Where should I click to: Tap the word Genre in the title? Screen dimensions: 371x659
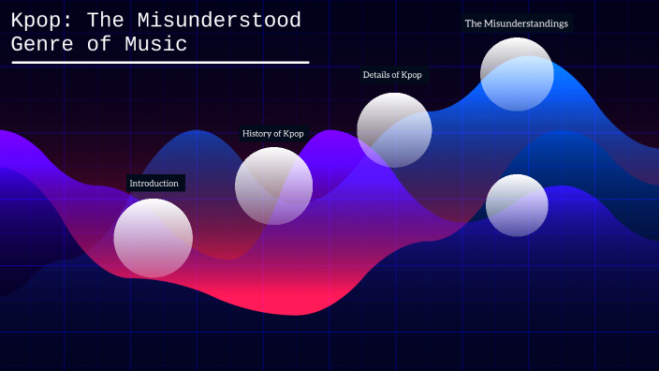point(42,44)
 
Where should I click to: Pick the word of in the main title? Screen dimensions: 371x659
point(99,44)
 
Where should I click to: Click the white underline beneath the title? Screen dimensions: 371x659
point(159,63)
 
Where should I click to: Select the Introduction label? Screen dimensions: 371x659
point(154,183)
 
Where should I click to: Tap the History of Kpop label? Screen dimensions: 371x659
point(272,133)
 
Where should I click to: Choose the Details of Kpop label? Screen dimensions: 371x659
point(392,74)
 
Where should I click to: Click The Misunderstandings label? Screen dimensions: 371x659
point(516,23)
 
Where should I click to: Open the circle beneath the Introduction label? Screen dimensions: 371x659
point(154,238)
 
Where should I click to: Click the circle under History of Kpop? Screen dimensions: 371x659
point(273,185)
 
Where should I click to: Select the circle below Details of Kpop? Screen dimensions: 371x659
point(394,129)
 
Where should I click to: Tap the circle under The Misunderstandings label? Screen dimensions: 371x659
point(517,74)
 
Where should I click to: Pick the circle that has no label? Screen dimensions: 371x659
point(517,205)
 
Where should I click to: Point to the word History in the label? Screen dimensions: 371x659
point(256,133)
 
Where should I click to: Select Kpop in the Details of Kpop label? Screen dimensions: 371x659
point(411,74)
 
